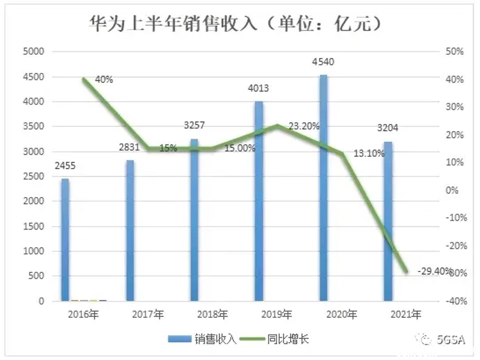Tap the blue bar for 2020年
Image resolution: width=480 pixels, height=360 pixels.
point(324,188)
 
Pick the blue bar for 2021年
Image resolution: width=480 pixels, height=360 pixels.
point(388,221)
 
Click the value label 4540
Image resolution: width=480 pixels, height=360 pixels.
point(323,62)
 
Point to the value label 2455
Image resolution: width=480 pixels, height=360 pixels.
point(65,166)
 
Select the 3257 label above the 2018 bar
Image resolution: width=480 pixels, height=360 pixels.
point(194,126)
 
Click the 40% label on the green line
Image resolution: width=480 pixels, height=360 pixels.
point(104,80)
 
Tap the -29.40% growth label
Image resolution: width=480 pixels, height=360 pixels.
point(434,271)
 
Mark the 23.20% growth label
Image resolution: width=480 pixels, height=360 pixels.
point(304,127)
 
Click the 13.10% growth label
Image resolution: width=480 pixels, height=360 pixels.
point(369,154)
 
